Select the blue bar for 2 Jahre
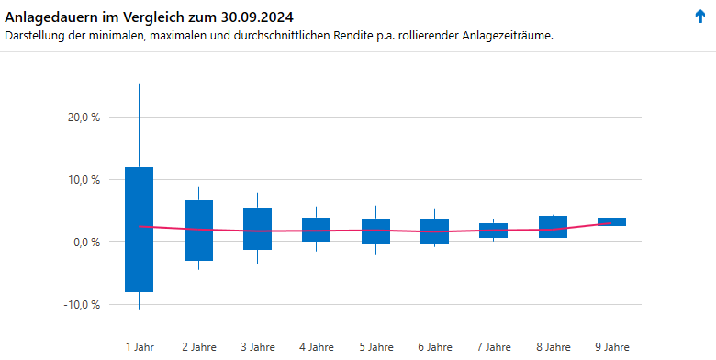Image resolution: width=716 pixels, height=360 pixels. [x=198, y=231]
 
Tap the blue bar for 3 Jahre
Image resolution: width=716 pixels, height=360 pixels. [x=257, y=229]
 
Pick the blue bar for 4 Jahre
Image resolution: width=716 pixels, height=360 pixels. [x=316, y=230]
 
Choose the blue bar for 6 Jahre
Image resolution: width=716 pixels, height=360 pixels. [x=434, y=231]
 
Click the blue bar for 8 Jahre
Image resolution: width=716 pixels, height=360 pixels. [x=553, y=227]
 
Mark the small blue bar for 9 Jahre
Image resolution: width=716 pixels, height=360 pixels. [x=611, y=221]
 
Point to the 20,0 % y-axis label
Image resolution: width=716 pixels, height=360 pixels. [x=84, y=118]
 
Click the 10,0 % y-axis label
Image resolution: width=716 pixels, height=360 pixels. [x=84, y=180]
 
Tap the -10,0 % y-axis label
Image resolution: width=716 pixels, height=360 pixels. [x=82, y=305]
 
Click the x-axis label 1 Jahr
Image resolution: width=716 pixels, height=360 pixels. [x=140, y=346]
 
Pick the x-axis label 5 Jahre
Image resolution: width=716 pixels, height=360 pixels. [x=375, y=346]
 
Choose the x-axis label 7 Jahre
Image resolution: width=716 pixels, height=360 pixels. [x=494, y=346]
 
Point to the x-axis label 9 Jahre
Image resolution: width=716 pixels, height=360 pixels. [x=612, y=346]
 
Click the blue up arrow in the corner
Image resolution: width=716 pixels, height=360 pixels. [x=700, y=17]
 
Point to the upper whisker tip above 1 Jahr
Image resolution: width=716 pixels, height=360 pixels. [x=139, y=85]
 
